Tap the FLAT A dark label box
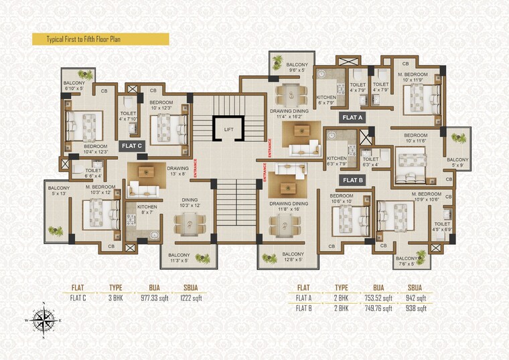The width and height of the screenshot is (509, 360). (352, 117)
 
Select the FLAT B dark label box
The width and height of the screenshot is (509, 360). (352, 180)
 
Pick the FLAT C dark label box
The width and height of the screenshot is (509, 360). (131, 145)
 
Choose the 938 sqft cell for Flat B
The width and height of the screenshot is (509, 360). (416, 309)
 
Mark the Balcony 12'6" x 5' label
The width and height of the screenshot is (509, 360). (293, 258)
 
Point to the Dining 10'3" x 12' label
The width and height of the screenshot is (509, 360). (188, 203)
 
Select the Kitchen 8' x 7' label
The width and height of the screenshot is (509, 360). (147, 210)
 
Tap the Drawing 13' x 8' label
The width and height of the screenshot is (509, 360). (177, 171)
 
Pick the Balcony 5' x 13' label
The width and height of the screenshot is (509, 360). (58, 191)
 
